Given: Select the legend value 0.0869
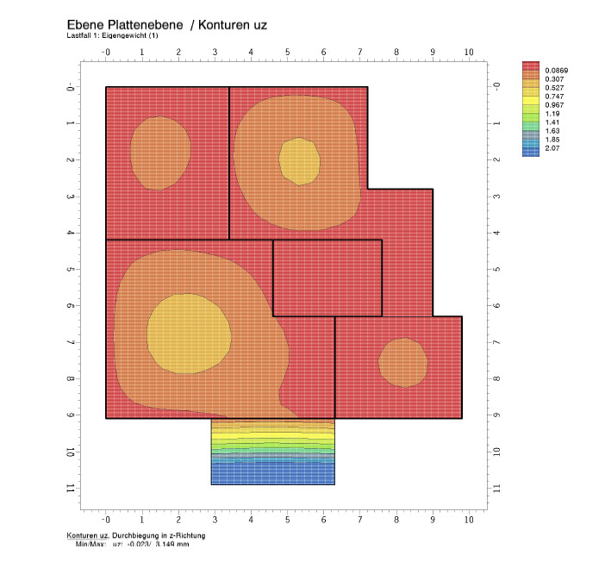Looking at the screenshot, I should (x=557, y=69).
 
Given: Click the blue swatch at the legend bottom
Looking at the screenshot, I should (x=530, y=150).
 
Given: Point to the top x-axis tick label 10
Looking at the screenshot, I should (x=469, y=53).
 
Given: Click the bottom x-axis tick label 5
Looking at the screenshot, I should (x=288, y=520).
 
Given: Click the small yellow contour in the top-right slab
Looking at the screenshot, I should (x=299, y=160).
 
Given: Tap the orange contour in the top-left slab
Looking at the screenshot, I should (x=160, y=152).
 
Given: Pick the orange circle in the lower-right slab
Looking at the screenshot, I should (x=403, y=362).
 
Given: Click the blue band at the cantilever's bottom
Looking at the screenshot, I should (x=272, y=476).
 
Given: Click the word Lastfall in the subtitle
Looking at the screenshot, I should (x=78, y=36).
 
